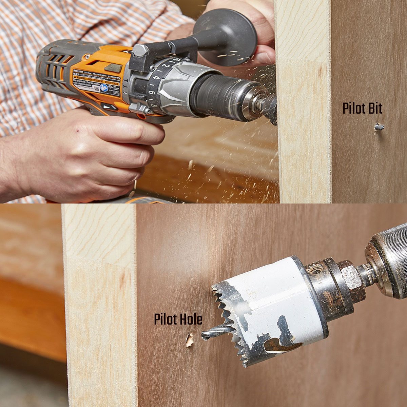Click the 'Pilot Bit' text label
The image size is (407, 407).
[x=362, y=109]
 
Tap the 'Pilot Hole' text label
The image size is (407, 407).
[x=178, y=319]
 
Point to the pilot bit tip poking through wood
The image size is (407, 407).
[x=379, y=127]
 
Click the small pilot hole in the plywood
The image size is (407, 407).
[x=189, y=340]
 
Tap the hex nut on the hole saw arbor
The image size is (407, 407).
[x=351, y=276]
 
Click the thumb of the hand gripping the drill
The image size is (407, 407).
[x=136, y=131]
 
